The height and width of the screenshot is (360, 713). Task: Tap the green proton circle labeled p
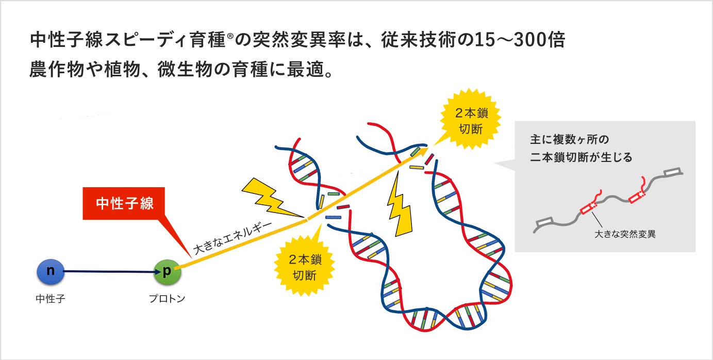click(x=167, y=272)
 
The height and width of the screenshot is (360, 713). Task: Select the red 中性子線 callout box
click(x=124, y=203)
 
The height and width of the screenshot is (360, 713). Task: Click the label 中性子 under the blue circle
click(x=51, y=299)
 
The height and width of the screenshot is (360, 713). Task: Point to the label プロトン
click(x=167, y=299)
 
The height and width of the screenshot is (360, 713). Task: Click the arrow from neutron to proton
click(x=108, y=272)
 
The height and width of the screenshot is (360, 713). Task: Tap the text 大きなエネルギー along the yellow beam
click(x=233, y=237)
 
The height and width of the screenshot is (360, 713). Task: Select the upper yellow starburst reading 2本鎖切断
click(x=470, y=121)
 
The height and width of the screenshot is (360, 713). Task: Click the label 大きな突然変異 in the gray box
click(x=625, y=234)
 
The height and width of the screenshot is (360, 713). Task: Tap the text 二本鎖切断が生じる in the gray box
click(x=581, y=157)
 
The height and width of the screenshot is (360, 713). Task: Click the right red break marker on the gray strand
click(x=637, y=196)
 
